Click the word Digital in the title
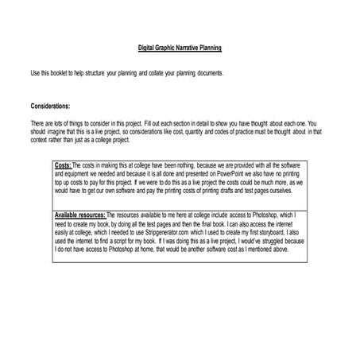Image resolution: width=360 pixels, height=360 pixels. point(146,48)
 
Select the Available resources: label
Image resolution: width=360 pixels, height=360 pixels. point(79,215)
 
